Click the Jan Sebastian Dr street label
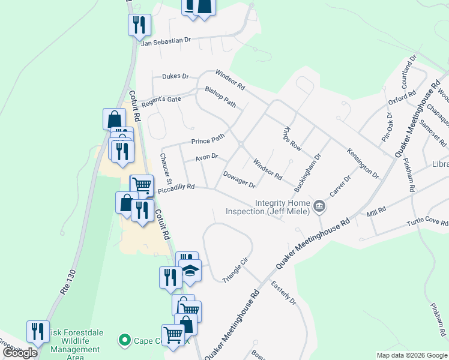point(165,40)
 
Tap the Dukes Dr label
point(175,77)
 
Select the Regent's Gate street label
point(161,100)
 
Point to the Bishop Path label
point(221,97)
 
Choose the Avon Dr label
point(206,158)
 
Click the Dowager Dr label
point(240,179)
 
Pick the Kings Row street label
point(292,139)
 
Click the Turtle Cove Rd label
point(427,221)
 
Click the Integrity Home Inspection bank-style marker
point(319,207)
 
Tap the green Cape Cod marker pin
point(125,341)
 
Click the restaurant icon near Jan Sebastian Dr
point(139,25)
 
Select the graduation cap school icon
point(190,271)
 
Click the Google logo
point(20,353)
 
